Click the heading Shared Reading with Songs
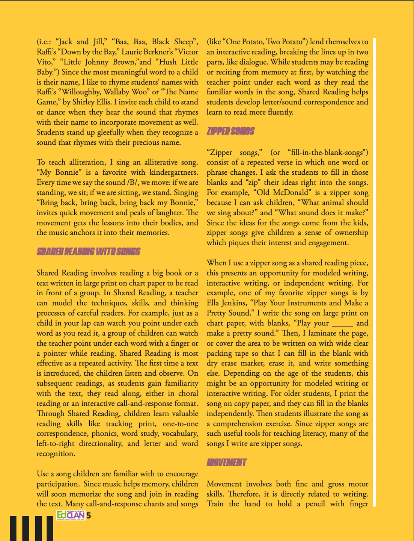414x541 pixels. [88, 252]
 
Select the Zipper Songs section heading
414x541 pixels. [230, 131]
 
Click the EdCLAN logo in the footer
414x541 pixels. [71, 515]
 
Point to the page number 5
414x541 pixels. [89, 515]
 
